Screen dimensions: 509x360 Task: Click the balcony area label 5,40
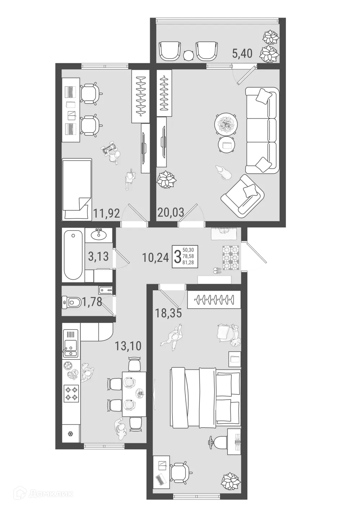tap(242, 54)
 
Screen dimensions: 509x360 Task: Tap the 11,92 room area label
tap(107, 213)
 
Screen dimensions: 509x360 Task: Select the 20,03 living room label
tap(171, 213)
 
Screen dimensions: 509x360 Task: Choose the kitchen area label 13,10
tap(128, 346)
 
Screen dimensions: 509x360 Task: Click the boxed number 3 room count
tap(177, 256)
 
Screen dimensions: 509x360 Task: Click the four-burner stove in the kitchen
tap(71, 393)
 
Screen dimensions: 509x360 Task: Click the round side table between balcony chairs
tap(188, 55)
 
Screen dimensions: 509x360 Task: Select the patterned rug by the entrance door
tap(231, 257)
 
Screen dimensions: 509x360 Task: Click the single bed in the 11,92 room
tap(76, 190)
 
